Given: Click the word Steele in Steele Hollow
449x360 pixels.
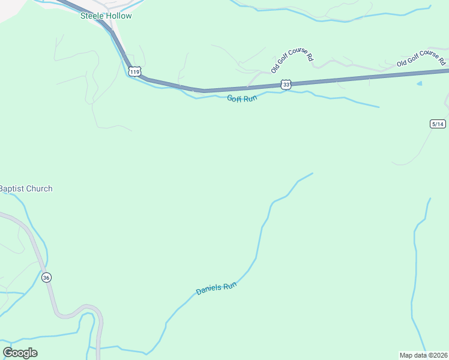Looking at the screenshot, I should [x=93, y=16].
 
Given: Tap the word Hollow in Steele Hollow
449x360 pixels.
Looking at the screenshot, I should [x=119, y=16].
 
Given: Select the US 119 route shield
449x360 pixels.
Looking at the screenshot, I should [x=134, y=71].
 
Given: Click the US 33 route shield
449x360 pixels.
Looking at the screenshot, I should [x=286, y=85].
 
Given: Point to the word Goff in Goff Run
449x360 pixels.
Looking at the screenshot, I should [x=235, y=98].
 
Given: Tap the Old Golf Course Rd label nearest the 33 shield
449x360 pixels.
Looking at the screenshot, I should [x=292, y=61].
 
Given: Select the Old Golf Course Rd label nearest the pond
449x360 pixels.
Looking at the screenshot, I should [x=421, y=59].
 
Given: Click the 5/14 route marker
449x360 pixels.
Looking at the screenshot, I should [x=438, y=124].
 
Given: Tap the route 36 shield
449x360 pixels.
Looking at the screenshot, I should [x=46, y=277].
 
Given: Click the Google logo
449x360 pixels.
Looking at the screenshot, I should [x=20, y=353].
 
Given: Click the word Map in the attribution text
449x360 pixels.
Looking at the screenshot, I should [x=407, y=355].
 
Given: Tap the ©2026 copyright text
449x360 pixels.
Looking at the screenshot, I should [x=436, y=355].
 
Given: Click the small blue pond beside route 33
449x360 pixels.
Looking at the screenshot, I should [x=420, y=83].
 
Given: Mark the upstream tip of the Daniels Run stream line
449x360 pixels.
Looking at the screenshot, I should [x=313, y=173].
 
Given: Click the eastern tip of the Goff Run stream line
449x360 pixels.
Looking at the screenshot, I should [x=379, y=107].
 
